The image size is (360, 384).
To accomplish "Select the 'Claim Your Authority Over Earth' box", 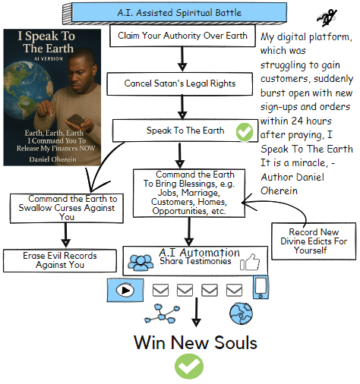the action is pyautogui.click(x=182, y=36).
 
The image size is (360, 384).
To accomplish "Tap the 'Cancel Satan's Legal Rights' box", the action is pyautogui.click(x=180, y=83).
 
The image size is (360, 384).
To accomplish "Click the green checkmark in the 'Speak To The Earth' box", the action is pyautogui.click(x=245, y=132).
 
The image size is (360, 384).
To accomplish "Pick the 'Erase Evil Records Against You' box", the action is pyautogui.click(x=60, y=260).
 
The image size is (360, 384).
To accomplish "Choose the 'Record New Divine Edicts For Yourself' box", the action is pyautogui.click(x=314, y=241).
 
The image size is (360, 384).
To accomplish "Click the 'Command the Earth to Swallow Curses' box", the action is pyautogui.click(x=67, y=208).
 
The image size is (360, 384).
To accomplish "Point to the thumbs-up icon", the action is pyautogui.click(x=250, y=263).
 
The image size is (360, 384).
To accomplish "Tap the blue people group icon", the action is pyautogui.click(x=141, y=263).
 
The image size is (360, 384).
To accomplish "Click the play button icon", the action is pyautogui.click(x=125, y=290).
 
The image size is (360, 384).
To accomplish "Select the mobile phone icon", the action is pyautogui.click(x=261, y=287).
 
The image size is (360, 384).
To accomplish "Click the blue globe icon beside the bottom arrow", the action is pyautogui.click(x=241, y=313).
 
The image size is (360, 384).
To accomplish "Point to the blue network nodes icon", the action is pyautogui.click(x=162, y=314).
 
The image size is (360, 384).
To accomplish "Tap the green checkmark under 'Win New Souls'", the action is pyautogui.click(x=189, y=367).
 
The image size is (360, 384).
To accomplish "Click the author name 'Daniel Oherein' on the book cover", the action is pyautogui.click(x=52, y=159).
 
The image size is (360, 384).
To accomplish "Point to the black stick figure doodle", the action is pyautogui.click(x=327, y=17).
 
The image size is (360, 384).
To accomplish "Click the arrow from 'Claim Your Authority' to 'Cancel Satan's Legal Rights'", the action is pyautogui.click(x=182, y=59).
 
